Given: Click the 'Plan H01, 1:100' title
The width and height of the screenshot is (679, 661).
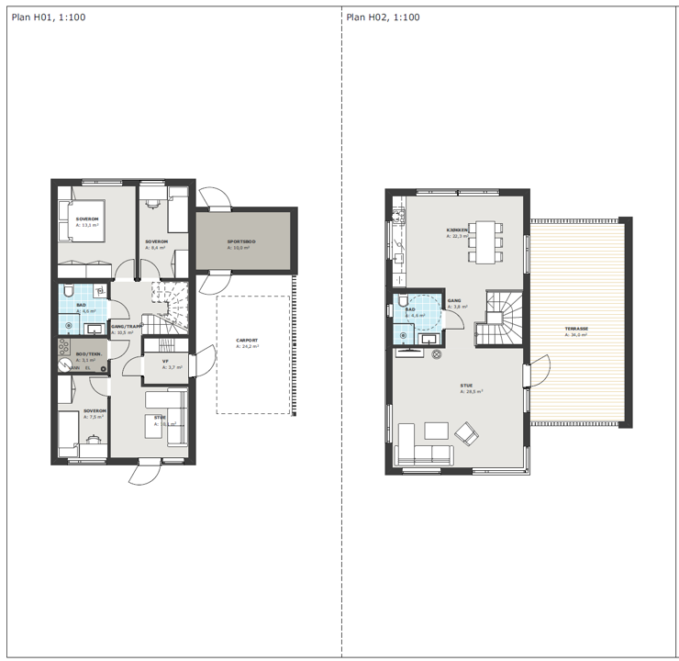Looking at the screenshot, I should [x=49, y=17].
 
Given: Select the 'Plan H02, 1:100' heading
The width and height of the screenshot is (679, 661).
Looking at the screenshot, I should [x=384, y=17].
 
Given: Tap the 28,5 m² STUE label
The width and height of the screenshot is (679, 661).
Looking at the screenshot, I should [x=466, y=388].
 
